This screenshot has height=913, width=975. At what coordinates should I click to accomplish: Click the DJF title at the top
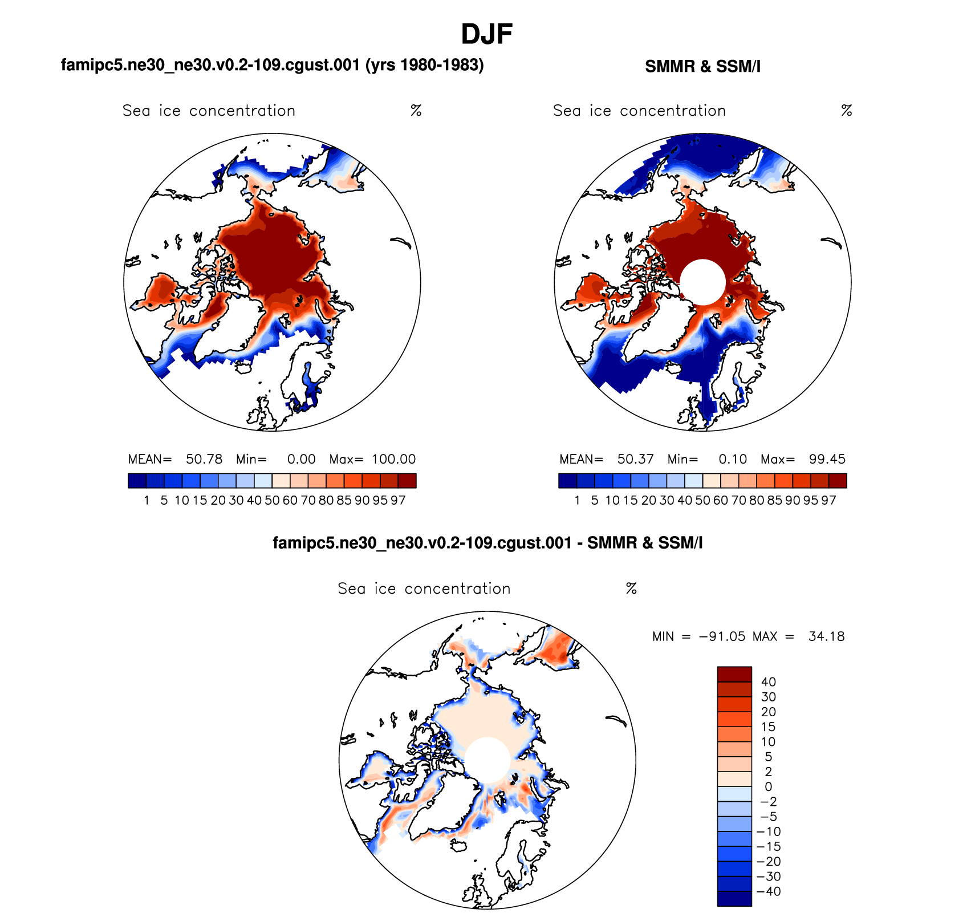click(486, 34)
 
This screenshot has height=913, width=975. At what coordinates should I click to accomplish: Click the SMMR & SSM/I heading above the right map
click(702, 67)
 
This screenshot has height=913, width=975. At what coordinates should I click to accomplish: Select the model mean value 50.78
click(204, 459)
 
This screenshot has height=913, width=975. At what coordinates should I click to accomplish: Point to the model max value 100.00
click(394, 459)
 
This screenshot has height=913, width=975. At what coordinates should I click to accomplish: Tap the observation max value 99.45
click(827, 459)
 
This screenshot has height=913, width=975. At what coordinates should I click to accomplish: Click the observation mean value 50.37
click(635, 459)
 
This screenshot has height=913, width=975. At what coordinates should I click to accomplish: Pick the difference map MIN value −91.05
click(722, 636)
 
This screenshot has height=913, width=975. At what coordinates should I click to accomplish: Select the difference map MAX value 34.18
click(826, 636)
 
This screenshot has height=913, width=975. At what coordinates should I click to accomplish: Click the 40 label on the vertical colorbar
click(768, 682)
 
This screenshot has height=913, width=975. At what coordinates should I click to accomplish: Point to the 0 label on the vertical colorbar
click(768, 787)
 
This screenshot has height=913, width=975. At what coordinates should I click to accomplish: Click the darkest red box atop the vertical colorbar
click(734, 674)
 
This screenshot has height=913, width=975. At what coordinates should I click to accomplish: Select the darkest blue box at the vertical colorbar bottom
click(734, 898)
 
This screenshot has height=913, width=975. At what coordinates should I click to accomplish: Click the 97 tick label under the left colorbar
click(398, 501)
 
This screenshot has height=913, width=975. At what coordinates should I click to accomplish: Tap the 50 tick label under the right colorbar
click(702, 501)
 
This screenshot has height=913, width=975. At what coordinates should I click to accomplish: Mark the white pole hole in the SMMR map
click(702, 282)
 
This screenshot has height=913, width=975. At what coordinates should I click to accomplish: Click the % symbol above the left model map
click(416, 111)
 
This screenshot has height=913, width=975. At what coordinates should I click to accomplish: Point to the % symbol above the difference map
click(631, 589)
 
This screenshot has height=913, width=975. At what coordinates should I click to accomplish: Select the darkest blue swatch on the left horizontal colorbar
click(137, 481)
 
